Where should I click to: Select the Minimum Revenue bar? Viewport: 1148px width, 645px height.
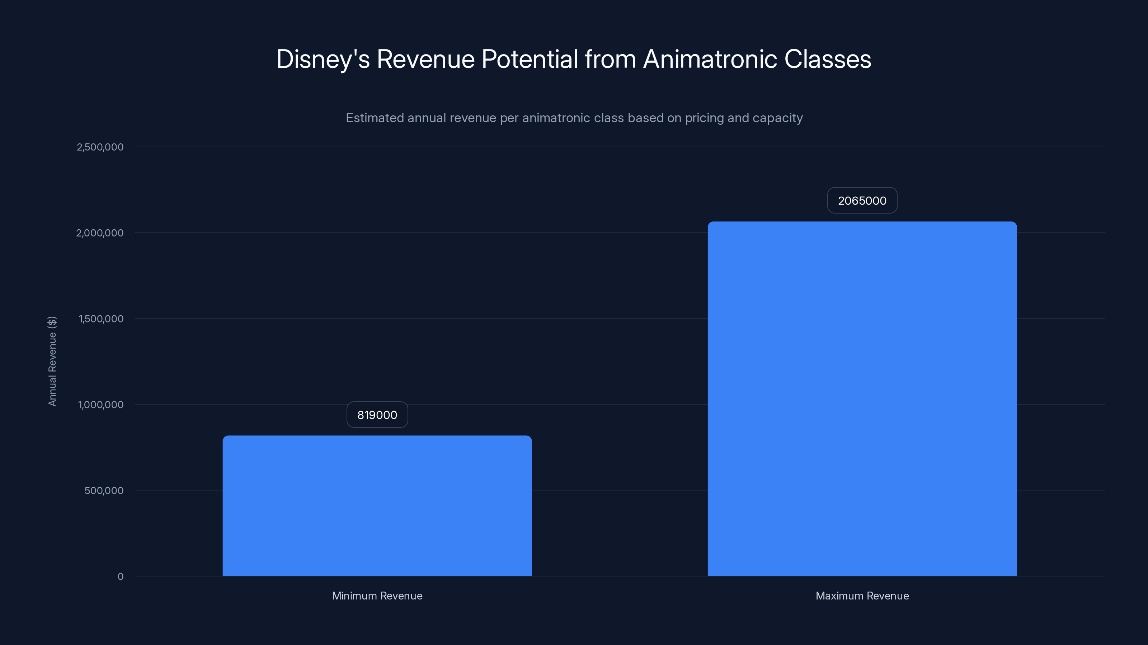click(377, 506)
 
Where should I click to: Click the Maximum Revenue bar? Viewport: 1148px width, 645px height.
click(862, 399)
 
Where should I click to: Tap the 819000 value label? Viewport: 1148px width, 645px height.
click(377, 415)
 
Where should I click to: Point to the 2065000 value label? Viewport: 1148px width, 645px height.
click(862, 201)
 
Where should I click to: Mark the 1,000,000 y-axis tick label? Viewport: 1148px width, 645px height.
click(101, 405)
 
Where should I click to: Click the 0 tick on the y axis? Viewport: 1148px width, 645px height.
click(120, 577)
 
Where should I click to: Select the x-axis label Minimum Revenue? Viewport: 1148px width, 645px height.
click(377, 596)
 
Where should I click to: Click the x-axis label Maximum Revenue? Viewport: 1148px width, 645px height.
click(862, 596)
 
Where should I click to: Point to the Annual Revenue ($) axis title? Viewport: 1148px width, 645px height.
click(52, 361)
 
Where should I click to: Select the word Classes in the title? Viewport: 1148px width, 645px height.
click(828, 59)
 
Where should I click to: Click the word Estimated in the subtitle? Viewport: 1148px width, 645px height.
click(374, 118)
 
